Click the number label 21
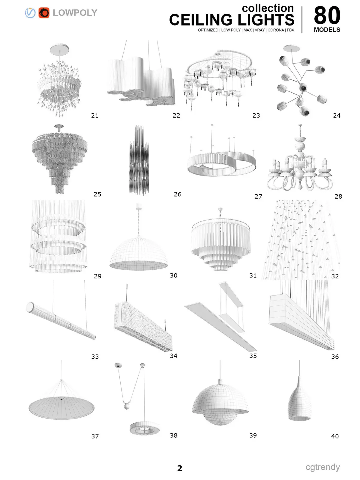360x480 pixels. coord(94,115)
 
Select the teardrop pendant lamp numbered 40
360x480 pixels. coord(299,403)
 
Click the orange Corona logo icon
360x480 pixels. coord(44,13)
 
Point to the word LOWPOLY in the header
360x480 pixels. coord(75,13)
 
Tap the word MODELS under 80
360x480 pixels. coord(327,30)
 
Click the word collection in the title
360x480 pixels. coord(268,8)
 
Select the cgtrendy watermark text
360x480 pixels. coord(322,467)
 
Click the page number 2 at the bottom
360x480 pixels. coord(180,468)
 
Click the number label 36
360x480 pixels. coord(335,356)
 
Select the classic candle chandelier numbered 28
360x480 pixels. coord(300,168)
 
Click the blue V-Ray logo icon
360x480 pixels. coord(30,13)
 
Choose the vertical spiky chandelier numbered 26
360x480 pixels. coord(139,160)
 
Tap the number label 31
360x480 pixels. coord(253,275)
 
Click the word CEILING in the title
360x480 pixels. coord(200,20)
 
